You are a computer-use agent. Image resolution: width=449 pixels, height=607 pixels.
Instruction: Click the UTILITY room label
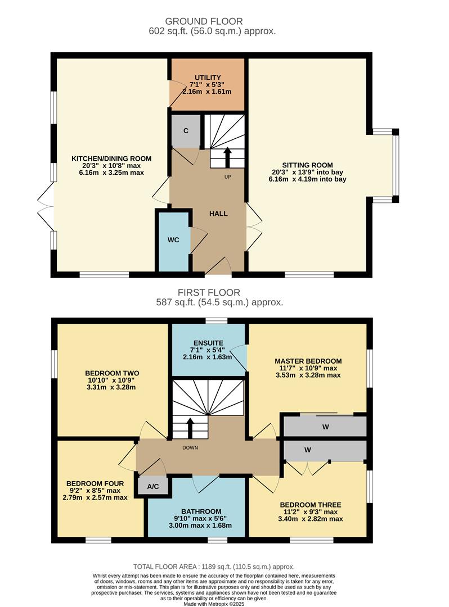coord(208,78)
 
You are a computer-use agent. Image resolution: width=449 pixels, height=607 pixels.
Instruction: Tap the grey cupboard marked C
coord(185,130)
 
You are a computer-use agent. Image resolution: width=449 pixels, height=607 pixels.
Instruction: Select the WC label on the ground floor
coord(173,240)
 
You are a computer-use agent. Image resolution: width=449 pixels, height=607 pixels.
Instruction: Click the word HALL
coord(218,214)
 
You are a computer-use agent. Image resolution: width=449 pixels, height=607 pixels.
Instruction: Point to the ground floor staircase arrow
coord(227,157)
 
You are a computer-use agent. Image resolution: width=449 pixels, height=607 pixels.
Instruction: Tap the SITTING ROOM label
coord(307,165)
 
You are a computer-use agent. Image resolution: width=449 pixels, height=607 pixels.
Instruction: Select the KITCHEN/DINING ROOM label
coord(111,158)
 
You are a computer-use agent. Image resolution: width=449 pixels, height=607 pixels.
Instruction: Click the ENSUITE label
coord(208,342)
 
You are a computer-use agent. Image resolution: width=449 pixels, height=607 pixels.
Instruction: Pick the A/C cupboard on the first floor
coord(152,487)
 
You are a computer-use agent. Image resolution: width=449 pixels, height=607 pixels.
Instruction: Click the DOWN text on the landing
coord(190,448)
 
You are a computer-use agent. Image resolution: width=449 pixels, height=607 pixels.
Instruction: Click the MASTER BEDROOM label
coord(308,361)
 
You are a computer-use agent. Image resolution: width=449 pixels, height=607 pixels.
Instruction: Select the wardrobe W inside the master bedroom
coord(325,427)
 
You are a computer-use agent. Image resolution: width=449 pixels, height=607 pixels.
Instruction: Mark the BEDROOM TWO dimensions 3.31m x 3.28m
coord(112,387)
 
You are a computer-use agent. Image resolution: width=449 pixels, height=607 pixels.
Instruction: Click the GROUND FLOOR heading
coord(212,22)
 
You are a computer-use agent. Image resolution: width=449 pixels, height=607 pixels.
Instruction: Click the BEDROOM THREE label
coord(311,505)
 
